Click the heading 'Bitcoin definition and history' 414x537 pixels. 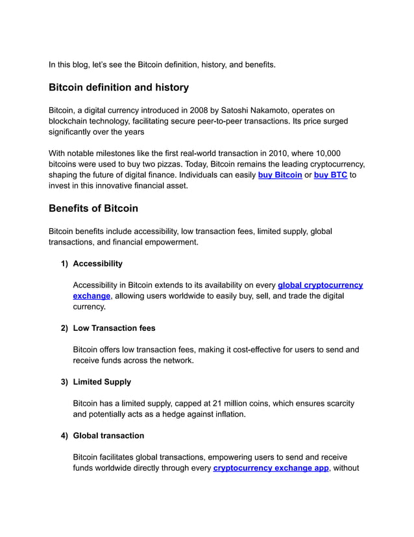tap(119, 87)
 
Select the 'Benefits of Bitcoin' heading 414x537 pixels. tap(93, 209)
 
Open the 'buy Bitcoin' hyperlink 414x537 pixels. tap(280, 175)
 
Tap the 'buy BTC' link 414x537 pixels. tap(330, 175)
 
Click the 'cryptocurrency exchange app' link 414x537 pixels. tap(271, 468)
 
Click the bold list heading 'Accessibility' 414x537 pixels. tap(97, 264)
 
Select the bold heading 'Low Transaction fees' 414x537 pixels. tap(114, 328)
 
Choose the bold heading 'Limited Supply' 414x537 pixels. tap(102, 382)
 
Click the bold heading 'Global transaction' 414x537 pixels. tap(108, 436)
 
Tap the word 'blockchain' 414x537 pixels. tap(71, 122)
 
